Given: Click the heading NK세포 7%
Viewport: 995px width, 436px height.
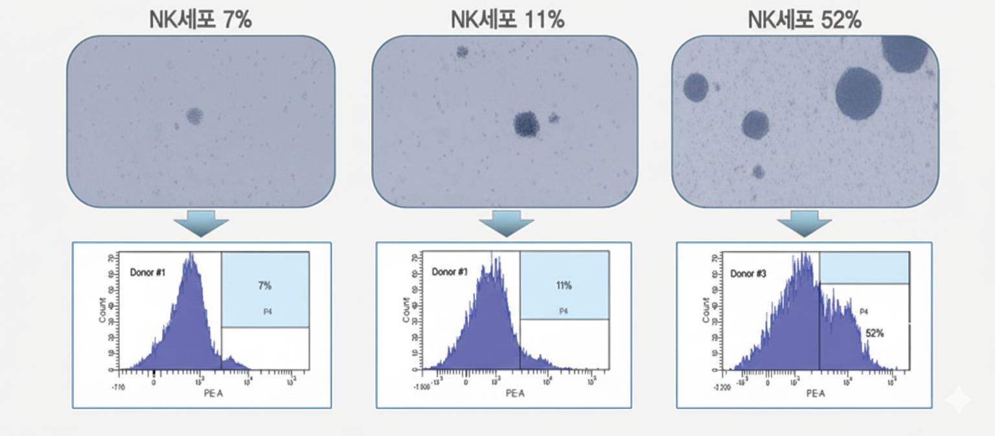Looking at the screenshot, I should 200,20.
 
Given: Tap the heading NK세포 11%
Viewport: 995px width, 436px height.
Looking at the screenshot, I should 507,20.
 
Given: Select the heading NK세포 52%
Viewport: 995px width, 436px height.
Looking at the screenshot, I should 805,20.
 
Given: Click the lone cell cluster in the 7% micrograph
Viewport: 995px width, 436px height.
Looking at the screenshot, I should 194,116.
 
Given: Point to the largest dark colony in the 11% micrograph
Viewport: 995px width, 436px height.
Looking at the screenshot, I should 527,124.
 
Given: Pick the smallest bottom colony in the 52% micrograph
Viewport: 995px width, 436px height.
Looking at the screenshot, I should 759,172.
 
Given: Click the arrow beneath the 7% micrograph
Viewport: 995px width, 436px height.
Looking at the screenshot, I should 201,223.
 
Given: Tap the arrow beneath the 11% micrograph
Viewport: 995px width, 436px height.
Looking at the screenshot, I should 506,223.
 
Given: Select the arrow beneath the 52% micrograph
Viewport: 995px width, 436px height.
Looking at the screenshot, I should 805,223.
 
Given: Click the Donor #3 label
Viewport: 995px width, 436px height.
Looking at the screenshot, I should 749,274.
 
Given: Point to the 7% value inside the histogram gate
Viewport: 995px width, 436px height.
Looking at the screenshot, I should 264,285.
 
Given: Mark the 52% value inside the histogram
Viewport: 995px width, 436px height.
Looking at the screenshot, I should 875,333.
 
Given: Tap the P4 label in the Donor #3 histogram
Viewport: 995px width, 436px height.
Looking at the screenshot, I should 863,312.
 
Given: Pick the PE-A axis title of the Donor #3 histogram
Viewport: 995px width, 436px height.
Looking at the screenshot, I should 816,394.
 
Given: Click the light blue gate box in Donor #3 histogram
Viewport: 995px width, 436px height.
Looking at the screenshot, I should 864,268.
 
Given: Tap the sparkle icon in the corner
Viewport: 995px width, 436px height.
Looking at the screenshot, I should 957,401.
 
